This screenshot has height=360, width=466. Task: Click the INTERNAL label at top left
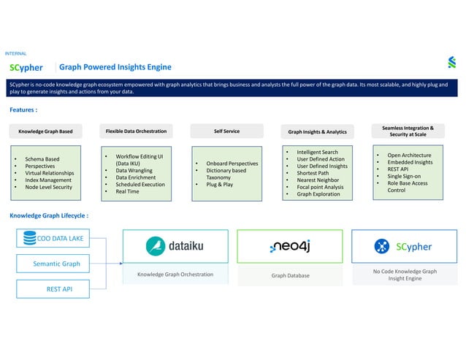point(16,54)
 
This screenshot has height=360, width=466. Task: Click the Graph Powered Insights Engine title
point(115,67)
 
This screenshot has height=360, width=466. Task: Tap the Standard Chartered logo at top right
point(452,63)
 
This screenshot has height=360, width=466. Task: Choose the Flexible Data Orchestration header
point(136,131)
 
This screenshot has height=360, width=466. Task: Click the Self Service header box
point(226,131)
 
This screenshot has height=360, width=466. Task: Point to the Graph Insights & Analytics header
point(317,132)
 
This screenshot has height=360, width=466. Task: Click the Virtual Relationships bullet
point(51,173)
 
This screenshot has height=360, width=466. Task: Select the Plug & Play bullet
point(220,185)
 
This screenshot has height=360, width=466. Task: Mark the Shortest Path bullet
point(313,173)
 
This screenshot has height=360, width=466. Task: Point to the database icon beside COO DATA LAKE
point(30,238)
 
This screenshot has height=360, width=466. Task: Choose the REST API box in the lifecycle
point(58,289)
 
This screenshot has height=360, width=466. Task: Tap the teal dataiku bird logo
point(156,246)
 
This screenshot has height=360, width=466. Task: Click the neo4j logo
point(291,247)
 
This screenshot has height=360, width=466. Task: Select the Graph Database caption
point(291,275)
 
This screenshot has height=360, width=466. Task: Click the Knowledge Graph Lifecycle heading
point(49,216)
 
